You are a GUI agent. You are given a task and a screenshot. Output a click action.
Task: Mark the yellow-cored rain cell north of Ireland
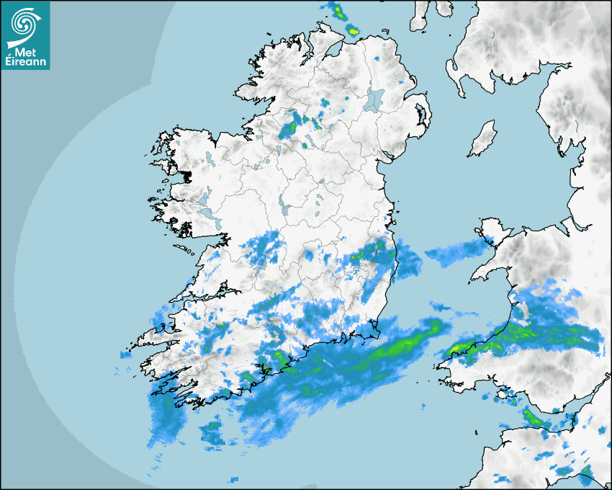(x=352, y=30)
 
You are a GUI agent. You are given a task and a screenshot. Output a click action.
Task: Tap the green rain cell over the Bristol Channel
(x=533, y=416)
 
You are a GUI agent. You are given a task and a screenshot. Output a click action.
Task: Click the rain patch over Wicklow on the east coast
(x=374, y=252)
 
